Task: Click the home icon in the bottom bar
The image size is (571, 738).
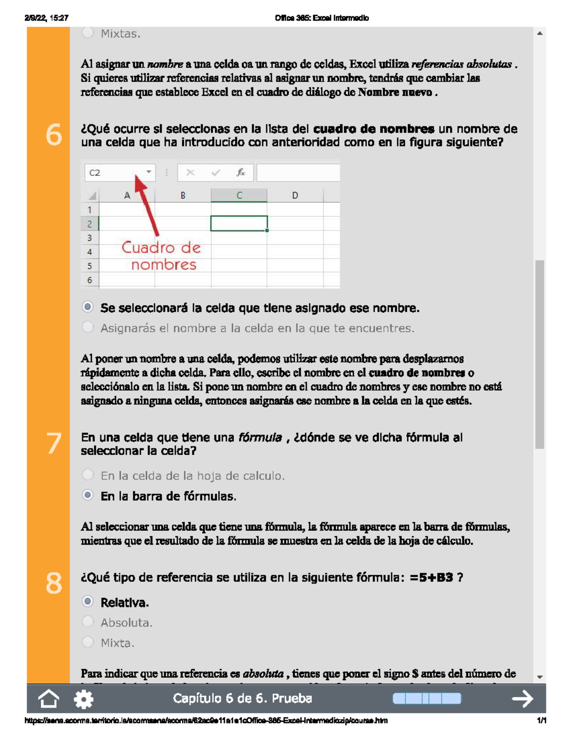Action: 49,699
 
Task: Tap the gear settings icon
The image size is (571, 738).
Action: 84,699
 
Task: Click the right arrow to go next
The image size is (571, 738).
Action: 522,699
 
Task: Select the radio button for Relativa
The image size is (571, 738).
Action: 88,602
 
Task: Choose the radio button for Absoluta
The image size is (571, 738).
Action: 88,622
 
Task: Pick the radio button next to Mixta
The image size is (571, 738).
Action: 88,642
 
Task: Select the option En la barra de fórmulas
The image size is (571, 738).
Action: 88,495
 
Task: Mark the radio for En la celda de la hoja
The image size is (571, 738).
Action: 88,475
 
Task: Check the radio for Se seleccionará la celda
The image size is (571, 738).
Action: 88,307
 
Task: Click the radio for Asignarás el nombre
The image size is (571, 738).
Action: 88,327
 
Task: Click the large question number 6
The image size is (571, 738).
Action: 54,134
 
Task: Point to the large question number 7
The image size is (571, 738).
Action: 54,443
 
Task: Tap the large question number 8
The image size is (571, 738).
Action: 54,584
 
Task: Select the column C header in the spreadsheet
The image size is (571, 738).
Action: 239,195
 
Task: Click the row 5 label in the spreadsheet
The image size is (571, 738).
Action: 89,266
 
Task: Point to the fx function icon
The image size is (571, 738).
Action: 241,173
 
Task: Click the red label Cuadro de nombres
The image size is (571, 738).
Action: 161,256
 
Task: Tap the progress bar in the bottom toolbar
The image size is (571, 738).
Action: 426,699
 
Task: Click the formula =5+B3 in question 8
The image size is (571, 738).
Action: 431,578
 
